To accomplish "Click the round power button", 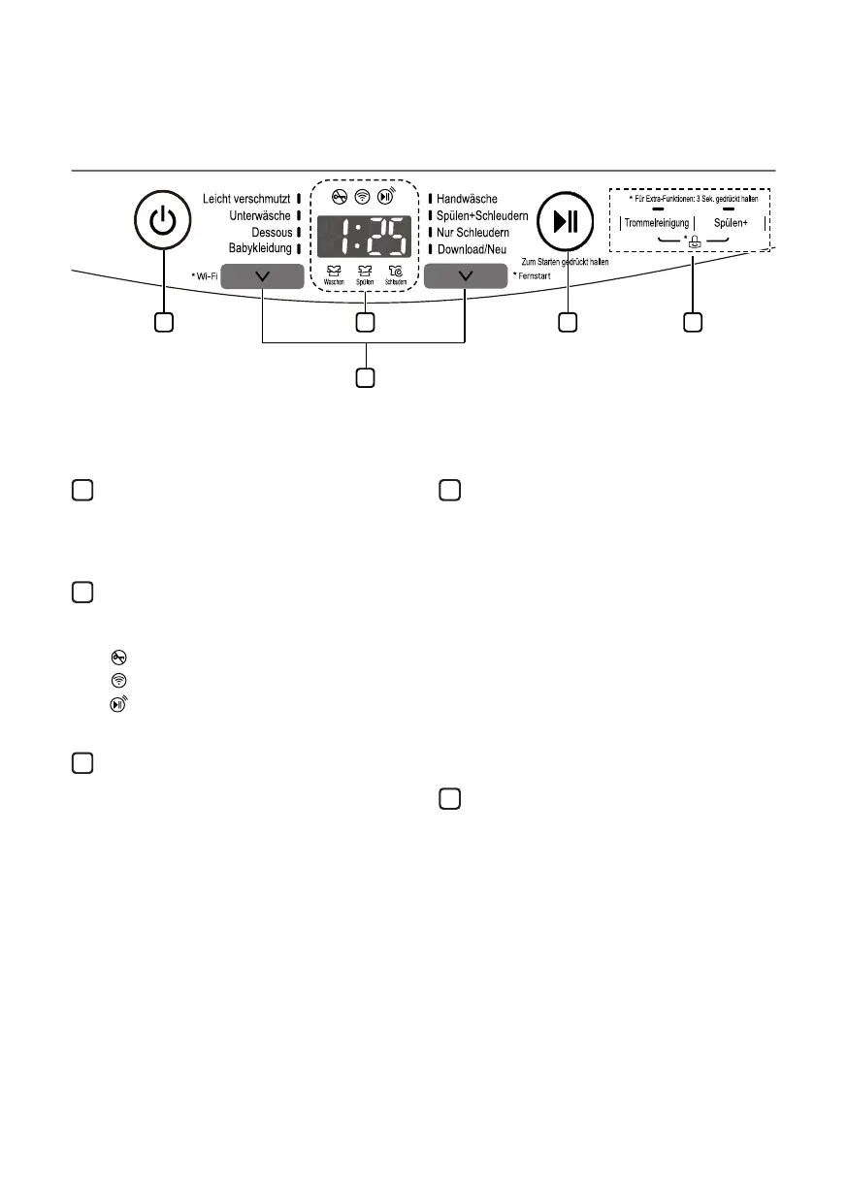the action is pyautogui.click(x=164, y=222).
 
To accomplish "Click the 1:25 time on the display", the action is pyautogui.click(x=362, y=237).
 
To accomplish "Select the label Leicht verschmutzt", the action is pyautogui.click(x=246, y=199).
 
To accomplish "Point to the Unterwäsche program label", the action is pyautogui.click(x=259, y=215).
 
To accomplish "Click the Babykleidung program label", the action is pyautogui.click(x=259, y=249).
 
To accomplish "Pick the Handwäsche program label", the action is pyautogui.click(x=467, y=199).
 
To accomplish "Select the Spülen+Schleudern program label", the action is pyautogui.click(x=482, y=215).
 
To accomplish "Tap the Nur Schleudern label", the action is pyautogui.click(x=472, y=233).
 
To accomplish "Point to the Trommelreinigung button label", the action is pyautogui.click(x=657, y=223).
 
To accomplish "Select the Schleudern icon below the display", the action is pyautogui.click(x=394, y=273).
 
